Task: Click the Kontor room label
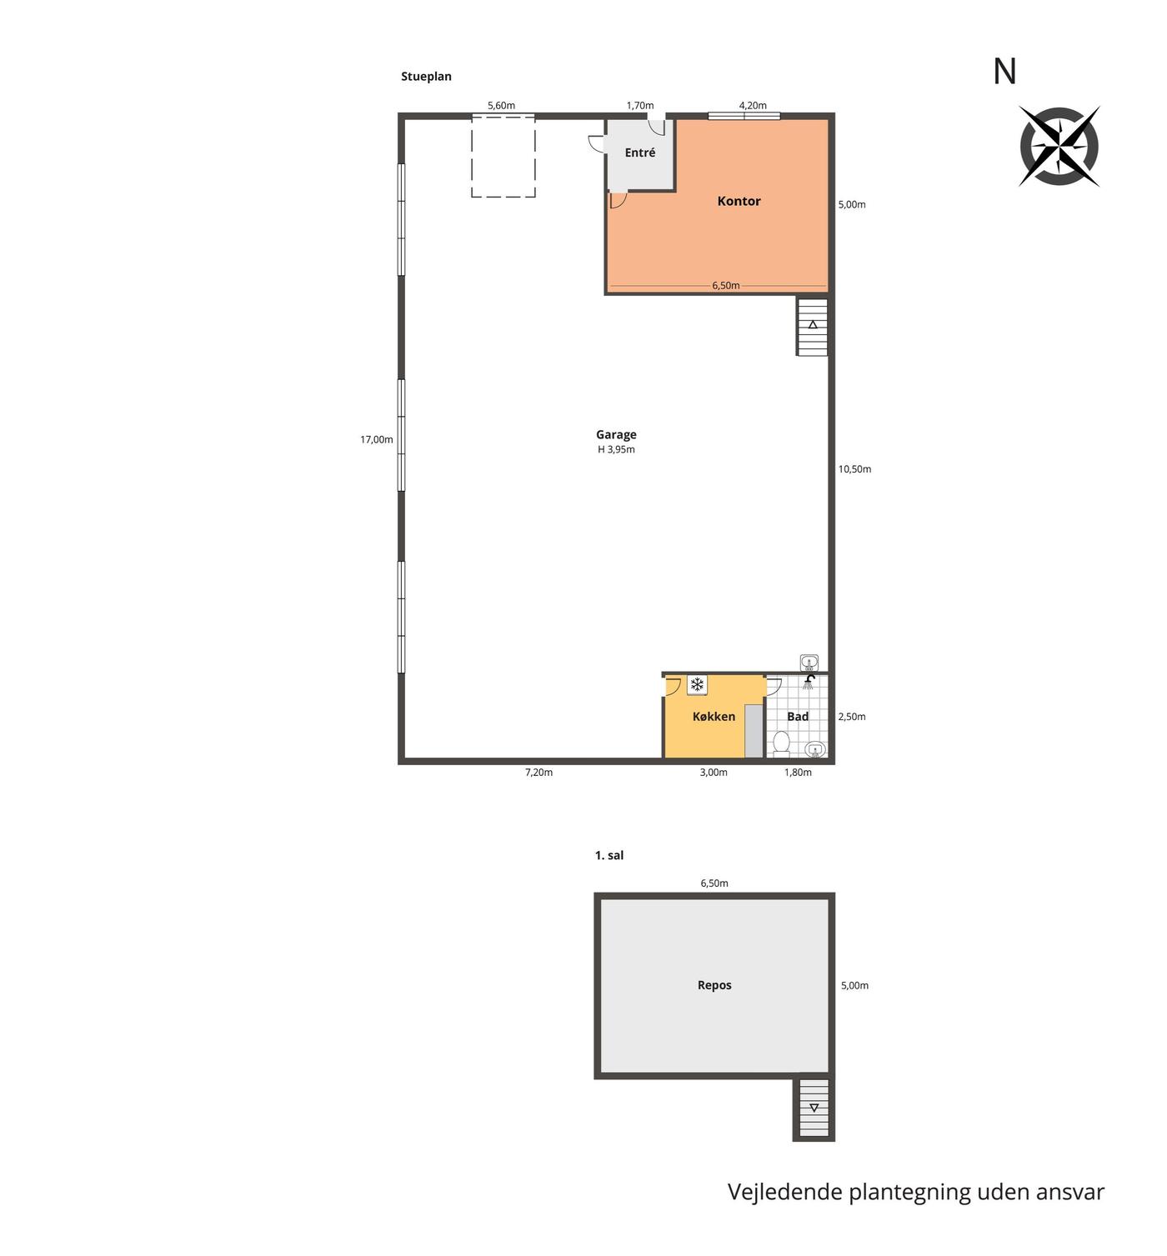739,201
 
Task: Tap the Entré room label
639,153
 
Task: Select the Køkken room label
714,717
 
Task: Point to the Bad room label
797,717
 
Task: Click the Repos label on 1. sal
714,985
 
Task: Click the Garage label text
615,434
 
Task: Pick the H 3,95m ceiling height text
616,450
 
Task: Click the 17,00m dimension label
376,439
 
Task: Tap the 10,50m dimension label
854,469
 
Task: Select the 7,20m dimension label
538,773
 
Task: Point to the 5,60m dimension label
501,106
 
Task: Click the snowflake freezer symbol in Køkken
696,684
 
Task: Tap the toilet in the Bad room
781,743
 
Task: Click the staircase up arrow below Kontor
812,324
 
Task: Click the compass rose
1059,146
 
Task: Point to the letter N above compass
1004,72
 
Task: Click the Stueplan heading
426,77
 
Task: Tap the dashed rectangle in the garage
503,156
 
